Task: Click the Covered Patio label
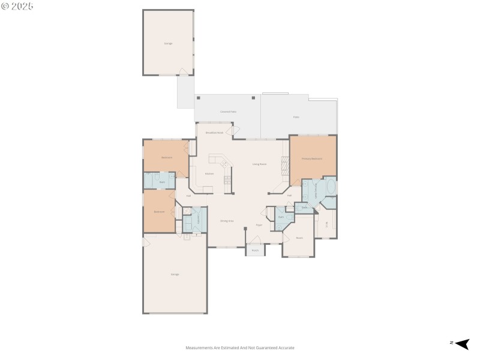[x=227, y=112]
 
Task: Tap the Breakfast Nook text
[x=214, y=133]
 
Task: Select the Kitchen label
[x=209, y=174]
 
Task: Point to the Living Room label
[x=259, y=164]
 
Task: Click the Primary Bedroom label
[x=312, y=159]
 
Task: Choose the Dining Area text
[x=227, y=221]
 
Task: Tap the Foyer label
[x=259, y=225]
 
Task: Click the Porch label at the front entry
[x=255, y=250]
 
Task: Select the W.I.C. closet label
[x=327, y=225]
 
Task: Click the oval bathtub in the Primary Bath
[x=331, y=187]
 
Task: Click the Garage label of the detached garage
[x=168, y=43]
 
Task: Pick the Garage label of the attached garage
[x=175, y=274]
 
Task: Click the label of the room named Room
[x=299, y=238]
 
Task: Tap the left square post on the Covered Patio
[x=198, y=98]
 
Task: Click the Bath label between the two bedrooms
[x=162, y=181]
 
